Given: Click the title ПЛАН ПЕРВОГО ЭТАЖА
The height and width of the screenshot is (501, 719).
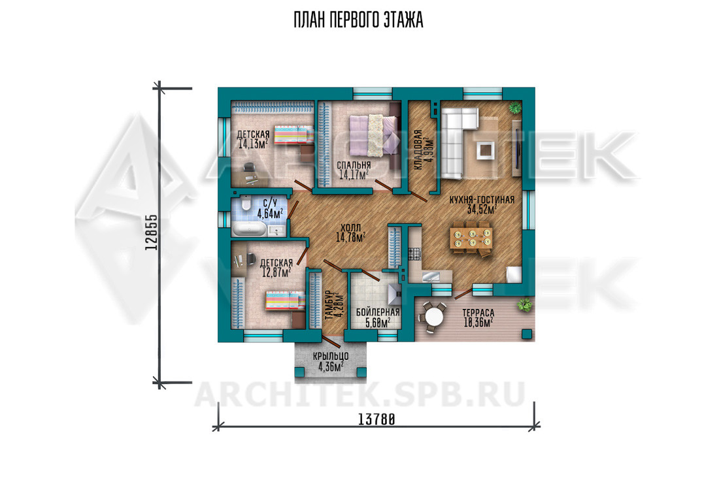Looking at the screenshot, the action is pyautogui.click(x=358, y=21).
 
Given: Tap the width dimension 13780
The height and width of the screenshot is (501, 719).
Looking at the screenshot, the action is pyautogui.click(x=376, y=419).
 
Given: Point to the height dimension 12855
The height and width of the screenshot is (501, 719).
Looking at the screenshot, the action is pyautogui.click(x=152, y=233).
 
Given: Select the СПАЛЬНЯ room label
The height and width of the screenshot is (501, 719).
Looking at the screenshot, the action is pyautogui.click(x=354, y=165).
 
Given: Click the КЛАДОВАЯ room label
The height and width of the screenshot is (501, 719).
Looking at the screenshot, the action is pyautogui.click(x=418, y=150).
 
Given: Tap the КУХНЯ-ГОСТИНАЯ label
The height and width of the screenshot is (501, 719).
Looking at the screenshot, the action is pyautogui.click(x=482, y=200).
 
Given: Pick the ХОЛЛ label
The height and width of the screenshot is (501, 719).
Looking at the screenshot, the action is pyautogui.click(x=351, y=228).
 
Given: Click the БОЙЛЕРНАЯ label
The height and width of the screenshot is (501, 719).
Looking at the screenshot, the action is pyautogui.click(x=378, y=313).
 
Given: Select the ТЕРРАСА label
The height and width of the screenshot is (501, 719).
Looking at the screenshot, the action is pyautogui.click(x=478, y=313).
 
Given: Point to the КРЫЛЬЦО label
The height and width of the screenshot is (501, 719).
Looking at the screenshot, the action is pyautogui.click(x=331, y=356).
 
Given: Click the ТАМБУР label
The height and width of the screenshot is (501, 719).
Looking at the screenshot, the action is pyautogui.click(x=328, y=306).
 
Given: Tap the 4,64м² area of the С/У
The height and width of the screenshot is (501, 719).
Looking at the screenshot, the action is pyautogui.click(x=270, y=213).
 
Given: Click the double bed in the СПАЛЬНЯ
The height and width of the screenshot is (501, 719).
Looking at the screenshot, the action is pyautogui.click(x=373, y=135).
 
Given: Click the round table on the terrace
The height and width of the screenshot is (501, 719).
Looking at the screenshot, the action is pyautogui.click(x=433, y=315).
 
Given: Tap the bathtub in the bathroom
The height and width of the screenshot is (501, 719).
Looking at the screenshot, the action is pyautogui.click(x=250, y=229).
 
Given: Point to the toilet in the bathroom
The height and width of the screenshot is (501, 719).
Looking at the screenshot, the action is pyautogui.click(x=245, y=203).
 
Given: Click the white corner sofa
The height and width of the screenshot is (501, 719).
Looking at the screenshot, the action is pyautogui.click(x=456, y=140).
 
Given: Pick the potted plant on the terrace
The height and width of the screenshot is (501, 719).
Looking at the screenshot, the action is pyautogui.click(x=525, y=304).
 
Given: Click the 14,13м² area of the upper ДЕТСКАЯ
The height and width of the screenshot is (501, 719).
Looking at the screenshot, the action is pyautogui.click(x=253, y=144).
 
